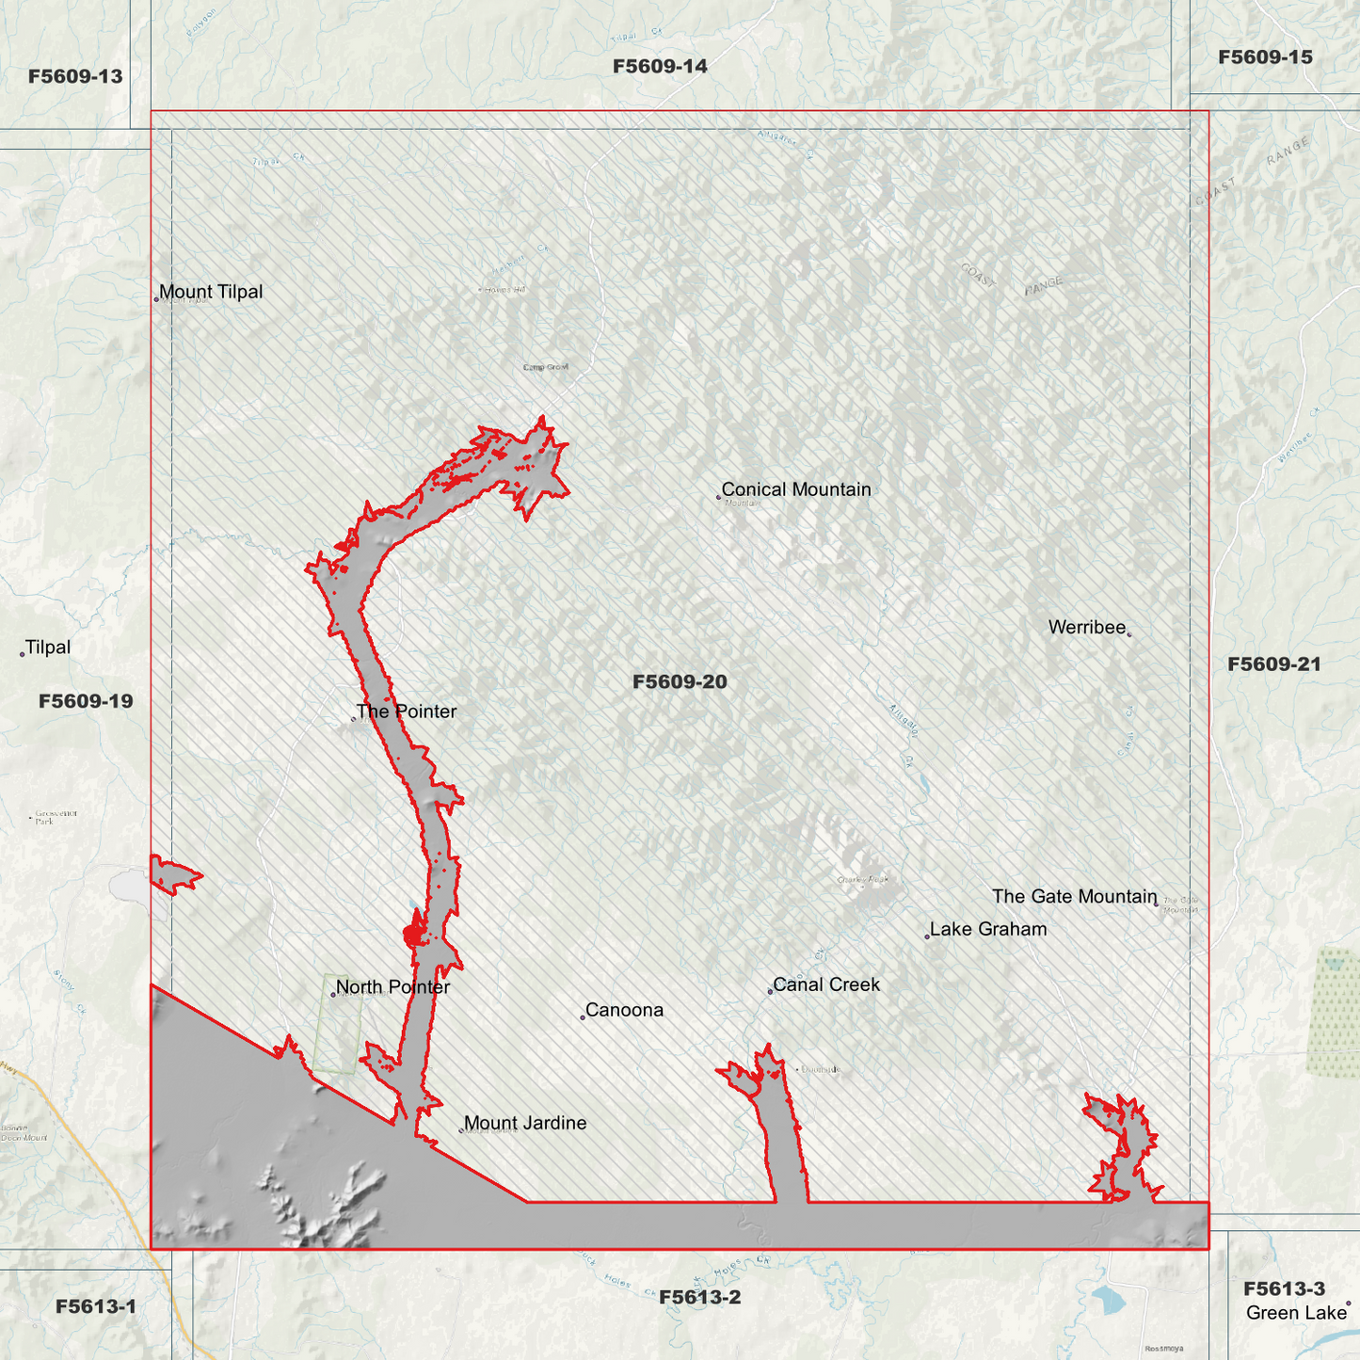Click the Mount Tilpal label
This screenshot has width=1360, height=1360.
tap(211, 292)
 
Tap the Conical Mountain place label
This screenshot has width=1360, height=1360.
tap(796, 489)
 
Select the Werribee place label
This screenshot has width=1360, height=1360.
tap(1087, 628)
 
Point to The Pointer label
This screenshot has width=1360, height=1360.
tap(407, 712)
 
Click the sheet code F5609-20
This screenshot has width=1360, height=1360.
tap(680, 681)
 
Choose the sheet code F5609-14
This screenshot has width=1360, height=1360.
tap(660, 66)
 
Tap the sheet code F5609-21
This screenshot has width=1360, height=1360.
tap(1274, 664)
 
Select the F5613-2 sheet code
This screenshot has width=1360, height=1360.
tap(699, 1297)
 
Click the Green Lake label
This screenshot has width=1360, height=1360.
tap(1296, 1313)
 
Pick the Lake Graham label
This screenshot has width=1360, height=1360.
tap(988, 929)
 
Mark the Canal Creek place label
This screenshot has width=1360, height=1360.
tap(826, 984)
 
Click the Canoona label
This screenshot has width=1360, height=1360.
tap(624, 1010)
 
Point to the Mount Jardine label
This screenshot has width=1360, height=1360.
tap(525, 1123)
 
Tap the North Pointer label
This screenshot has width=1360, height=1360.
tap(392, 987)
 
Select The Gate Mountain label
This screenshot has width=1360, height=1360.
tap(1074, 896)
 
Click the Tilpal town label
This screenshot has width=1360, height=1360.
tap(47, 648)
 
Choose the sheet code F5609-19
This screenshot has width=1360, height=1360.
tap(86, 701)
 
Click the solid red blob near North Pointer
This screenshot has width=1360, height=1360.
tap(413, 936)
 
